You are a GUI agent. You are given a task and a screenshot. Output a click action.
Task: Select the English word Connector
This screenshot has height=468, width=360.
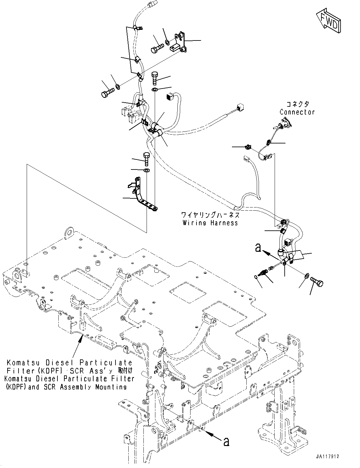tap(297, 112)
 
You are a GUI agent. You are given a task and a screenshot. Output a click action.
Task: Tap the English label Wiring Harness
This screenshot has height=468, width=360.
tap(210, 223)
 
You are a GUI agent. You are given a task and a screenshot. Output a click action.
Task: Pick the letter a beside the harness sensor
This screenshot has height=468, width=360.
tap(258, 248)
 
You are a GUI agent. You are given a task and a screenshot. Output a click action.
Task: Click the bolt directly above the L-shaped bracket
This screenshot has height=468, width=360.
tap(147, 159)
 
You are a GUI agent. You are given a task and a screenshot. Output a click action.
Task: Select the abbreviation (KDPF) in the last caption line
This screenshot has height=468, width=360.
tap(16, 387)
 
